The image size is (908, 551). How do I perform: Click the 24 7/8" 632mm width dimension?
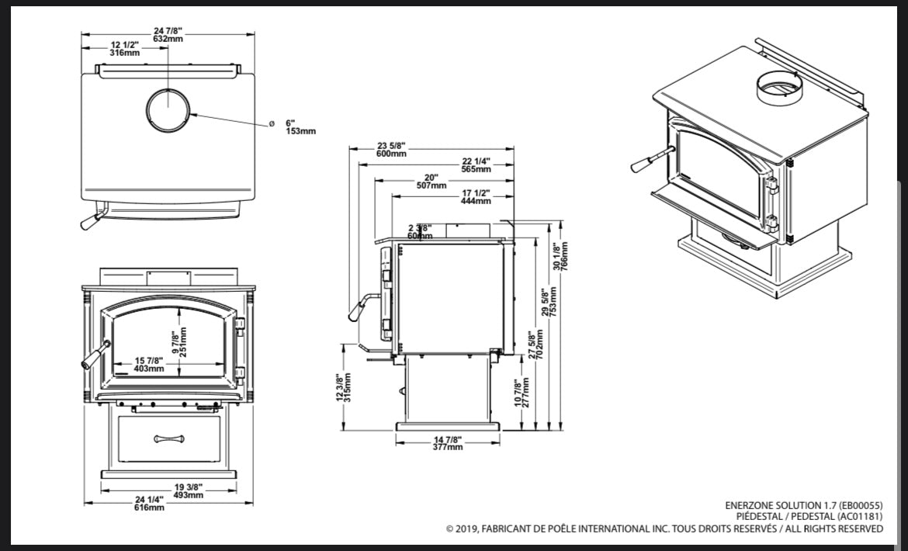[x=168, y=34]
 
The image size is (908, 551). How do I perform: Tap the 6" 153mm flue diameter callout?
[x=300, y=127]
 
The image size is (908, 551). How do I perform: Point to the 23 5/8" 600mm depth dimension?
[x=392, y=150]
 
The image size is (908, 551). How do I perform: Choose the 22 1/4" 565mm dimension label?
[x=476, y=165]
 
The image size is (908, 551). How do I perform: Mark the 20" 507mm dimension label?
[x=431, y=182]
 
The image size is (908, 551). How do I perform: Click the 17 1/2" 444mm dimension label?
[x=476, y=197]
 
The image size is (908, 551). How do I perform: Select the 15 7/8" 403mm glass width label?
[x=149, y=364]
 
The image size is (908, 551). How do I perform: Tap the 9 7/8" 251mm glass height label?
[x=179, y=342]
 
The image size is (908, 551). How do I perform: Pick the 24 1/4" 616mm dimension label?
[x=150, y=503]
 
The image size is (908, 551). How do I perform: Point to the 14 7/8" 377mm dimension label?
[x=448, y=443]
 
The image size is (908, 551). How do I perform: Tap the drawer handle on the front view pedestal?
[x=169, y=438]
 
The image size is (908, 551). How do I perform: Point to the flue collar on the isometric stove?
[x=778, y=87]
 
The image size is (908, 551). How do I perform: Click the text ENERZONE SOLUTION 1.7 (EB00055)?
[x=803, y=504]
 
